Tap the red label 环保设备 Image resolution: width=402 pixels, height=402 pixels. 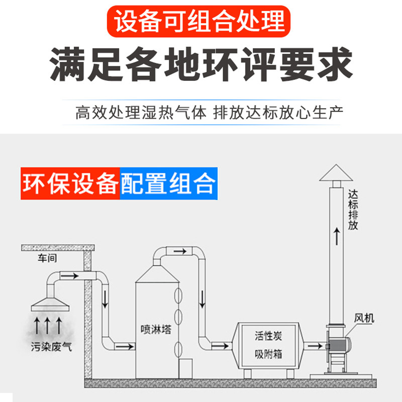[70, 183]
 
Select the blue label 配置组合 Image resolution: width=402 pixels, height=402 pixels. [169, 183]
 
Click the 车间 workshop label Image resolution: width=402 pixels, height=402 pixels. [44, 259]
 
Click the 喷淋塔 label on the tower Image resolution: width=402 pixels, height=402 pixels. [153, 330]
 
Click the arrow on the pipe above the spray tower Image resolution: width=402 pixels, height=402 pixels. [179, 251]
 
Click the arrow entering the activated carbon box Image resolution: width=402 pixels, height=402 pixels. [220, 346]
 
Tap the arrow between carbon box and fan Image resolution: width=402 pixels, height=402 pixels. [315, 346]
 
